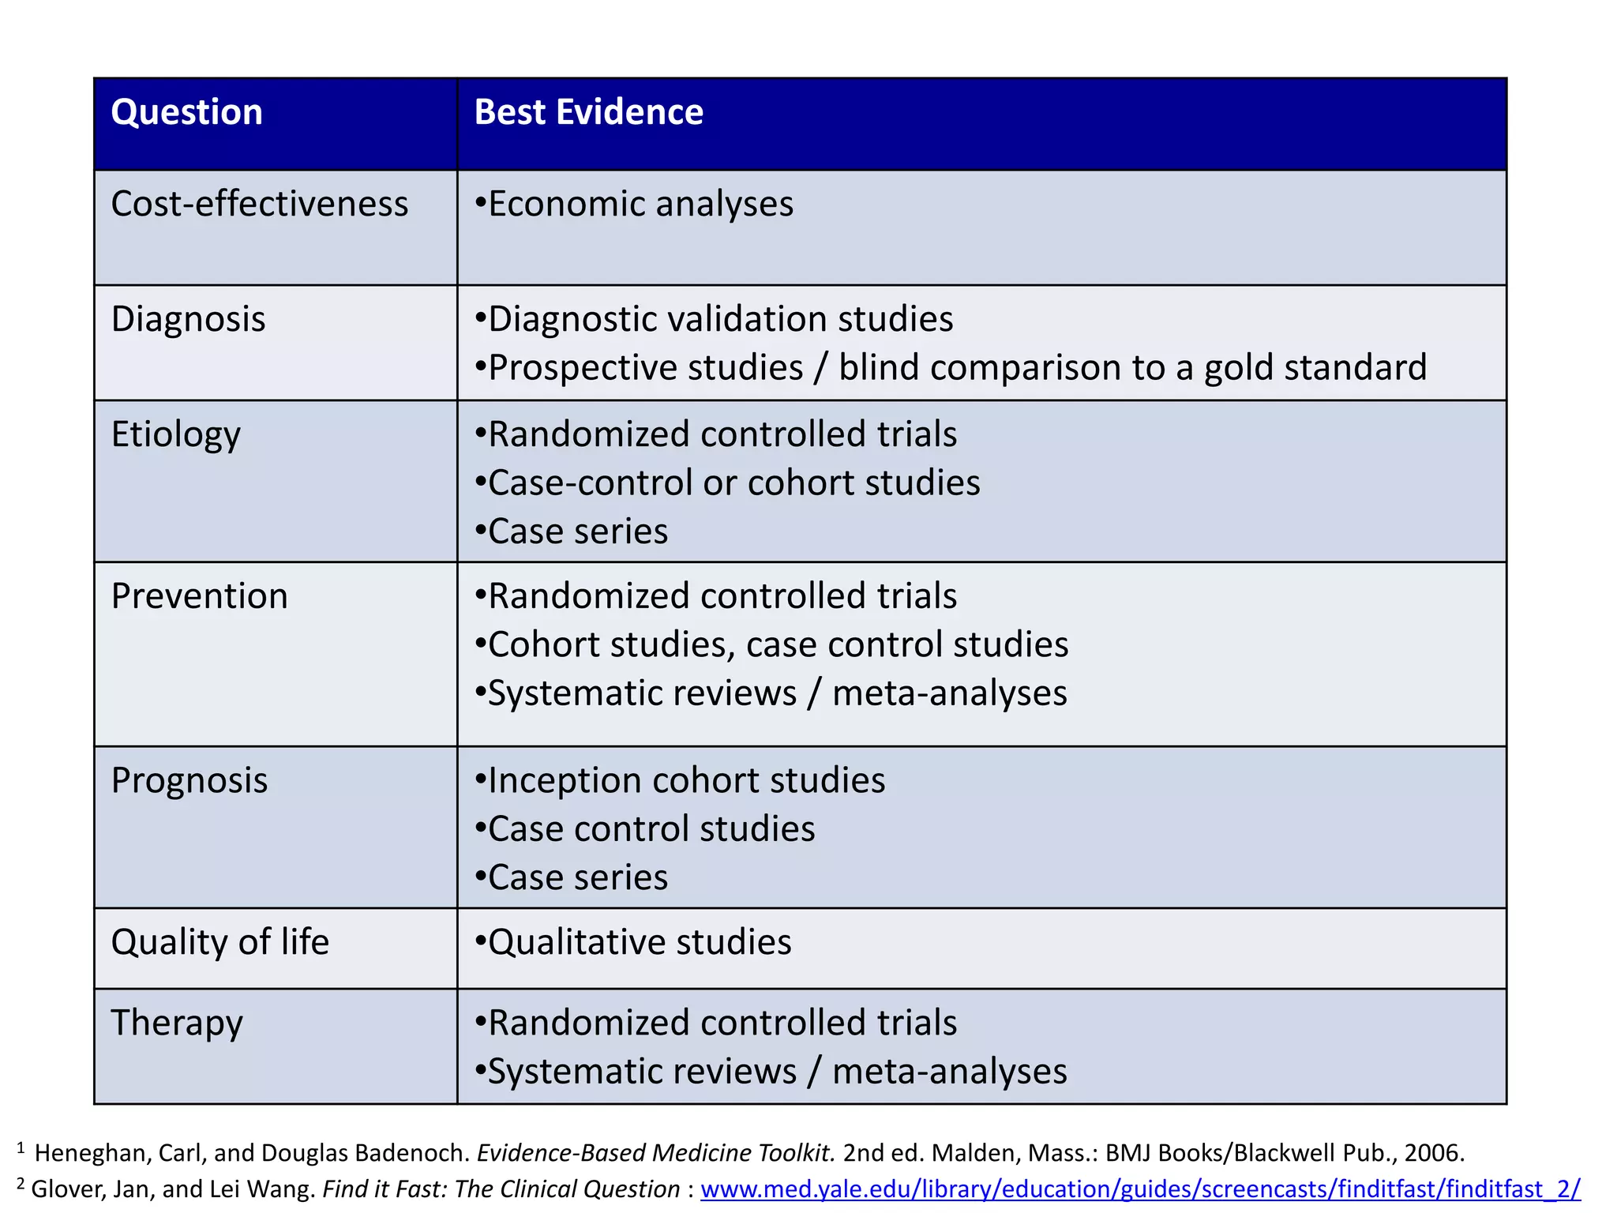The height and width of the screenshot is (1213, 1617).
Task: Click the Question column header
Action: pyautogui.click(x=186, y=112)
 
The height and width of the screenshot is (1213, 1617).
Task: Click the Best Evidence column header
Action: pyautogui.click(x=588, y=112)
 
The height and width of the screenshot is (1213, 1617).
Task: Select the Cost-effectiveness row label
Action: pyautogui.click(x=260, y=205)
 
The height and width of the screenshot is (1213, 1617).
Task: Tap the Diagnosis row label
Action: pyautogui.click(x=188, y=320)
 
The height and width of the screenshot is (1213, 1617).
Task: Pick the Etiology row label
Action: pyautogui.click(x=175, y=435)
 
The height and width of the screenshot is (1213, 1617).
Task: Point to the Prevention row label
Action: pyautogui.click(x=199, y=596)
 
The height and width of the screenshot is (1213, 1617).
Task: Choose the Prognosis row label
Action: pyautogui.click(x=189, y=781)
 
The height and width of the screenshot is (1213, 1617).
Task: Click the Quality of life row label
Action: pyautogui.click(x=219, y=942)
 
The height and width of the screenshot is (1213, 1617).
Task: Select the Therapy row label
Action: pyautogui.click(x=177, y=1023)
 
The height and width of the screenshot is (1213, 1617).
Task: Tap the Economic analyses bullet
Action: pyautogui.click(x=640, y=205)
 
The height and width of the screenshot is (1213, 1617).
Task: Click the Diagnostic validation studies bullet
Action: pyautogui.click(x=720, y=320)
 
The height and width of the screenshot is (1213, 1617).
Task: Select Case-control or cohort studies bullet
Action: pyautogui.click(x=733, y=483)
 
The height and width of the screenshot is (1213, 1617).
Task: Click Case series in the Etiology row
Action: pyautogui.click(x=578, y=531)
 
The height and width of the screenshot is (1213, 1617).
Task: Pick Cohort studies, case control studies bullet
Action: pyautogui.click(x=778, y=645)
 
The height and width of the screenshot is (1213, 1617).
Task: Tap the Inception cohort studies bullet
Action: pyautogui.click(x=686, y=781)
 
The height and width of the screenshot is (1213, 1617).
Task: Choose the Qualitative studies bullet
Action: pyautogui.click(x=640, y=942)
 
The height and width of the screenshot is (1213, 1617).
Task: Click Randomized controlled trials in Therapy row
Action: pyautogui.click(x=722, y=1023)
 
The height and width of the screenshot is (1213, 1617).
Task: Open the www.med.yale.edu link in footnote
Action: pyautogui.click(x=1140, y=1189)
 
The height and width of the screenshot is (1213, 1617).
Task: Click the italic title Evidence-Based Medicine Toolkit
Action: pyautogui.click(x=655, y=1153)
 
